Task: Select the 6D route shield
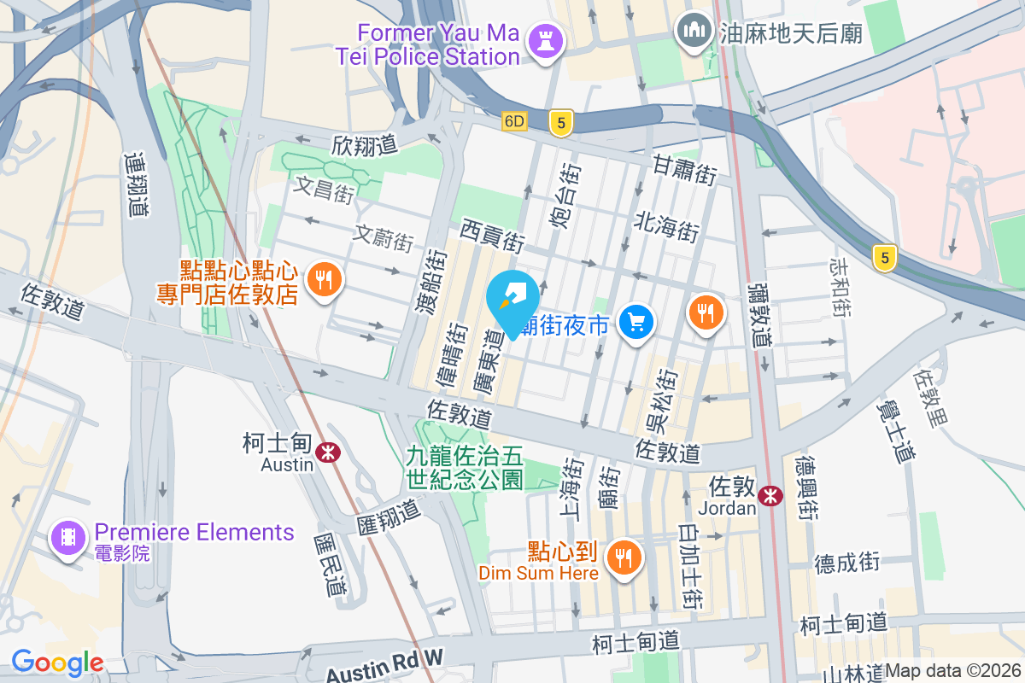click(514, 121)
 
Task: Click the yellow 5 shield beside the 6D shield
click(560, 123)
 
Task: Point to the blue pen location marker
click(512, 300)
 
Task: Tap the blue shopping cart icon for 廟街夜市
click(636, 323)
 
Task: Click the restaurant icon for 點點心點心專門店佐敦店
click(323, 279)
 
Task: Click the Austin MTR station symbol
click(326, 452)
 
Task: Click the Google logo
click(57, 662)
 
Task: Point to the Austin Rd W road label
click(385, 664)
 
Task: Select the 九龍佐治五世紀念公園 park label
click(465, 468)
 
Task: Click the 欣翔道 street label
click(365, 145)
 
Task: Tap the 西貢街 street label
click(492, 234)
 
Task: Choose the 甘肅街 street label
click(684, 168)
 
